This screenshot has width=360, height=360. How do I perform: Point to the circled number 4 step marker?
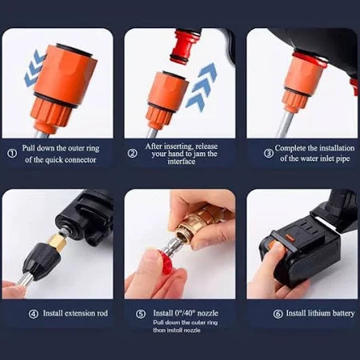[11, 313]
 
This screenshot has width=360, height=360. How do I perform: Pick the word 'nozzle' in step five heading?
[207, 313]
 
